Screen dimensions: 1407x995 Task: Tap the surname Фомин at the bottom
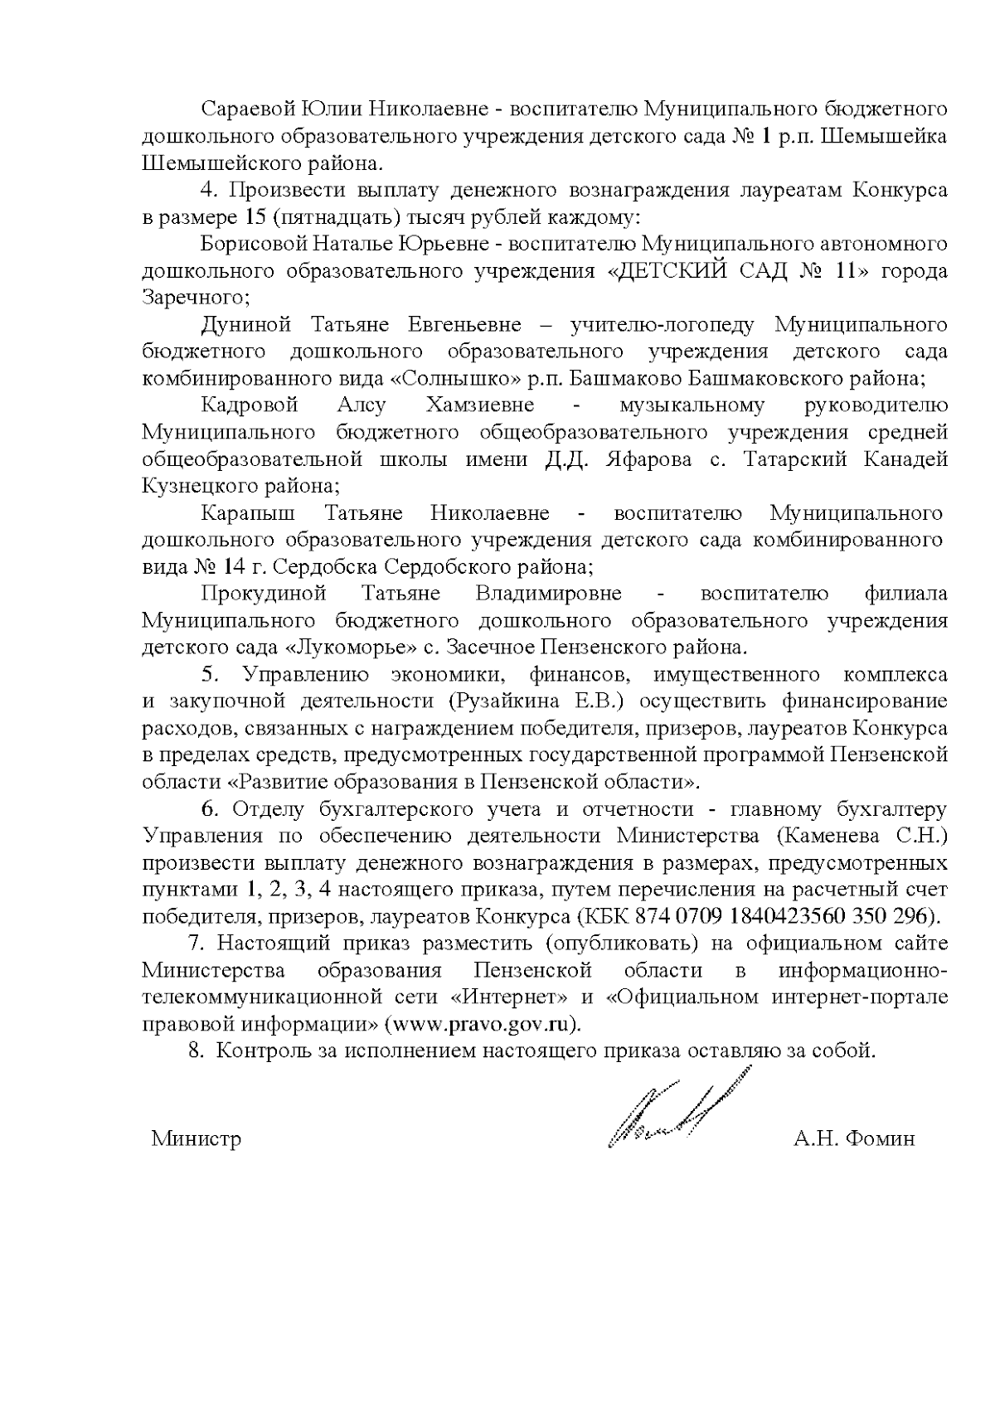coord(883,1138)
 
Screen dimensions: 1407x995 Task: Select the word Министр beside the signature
coord(197,1138)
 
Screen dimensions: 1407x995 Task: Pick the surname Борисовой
coord(253,244)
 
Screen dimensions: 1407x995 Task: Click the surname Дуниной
coord(245,324)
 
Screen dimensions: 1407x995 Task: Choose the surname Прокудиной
coord(264,594)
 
